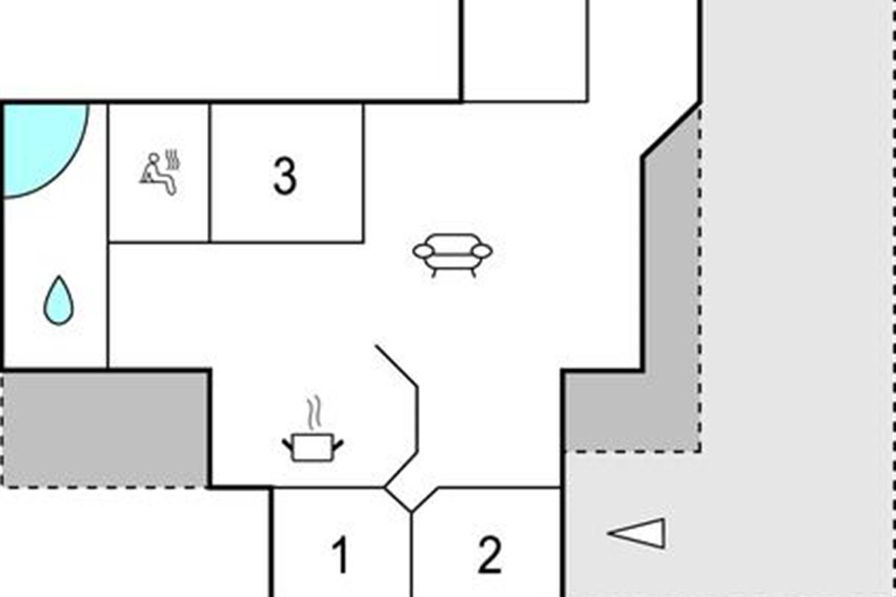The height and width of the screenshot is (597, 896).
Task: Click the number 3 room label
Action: [284, 178]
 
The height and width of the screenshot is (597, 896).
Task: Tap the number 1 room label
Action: [340, 556]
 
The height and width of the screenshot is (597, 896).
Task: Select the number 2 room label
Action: [489, 556]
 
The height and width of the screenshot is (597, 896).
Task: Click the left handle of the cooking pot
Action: [287, 446]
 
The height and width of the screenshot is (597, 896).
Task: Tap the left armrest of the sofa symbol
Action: [423, 251]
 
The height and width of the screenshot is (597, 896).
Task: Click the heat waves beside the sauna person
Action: [174, 160]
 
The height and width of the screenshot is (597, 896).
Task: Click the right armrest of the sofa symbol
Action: [482, 251]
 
